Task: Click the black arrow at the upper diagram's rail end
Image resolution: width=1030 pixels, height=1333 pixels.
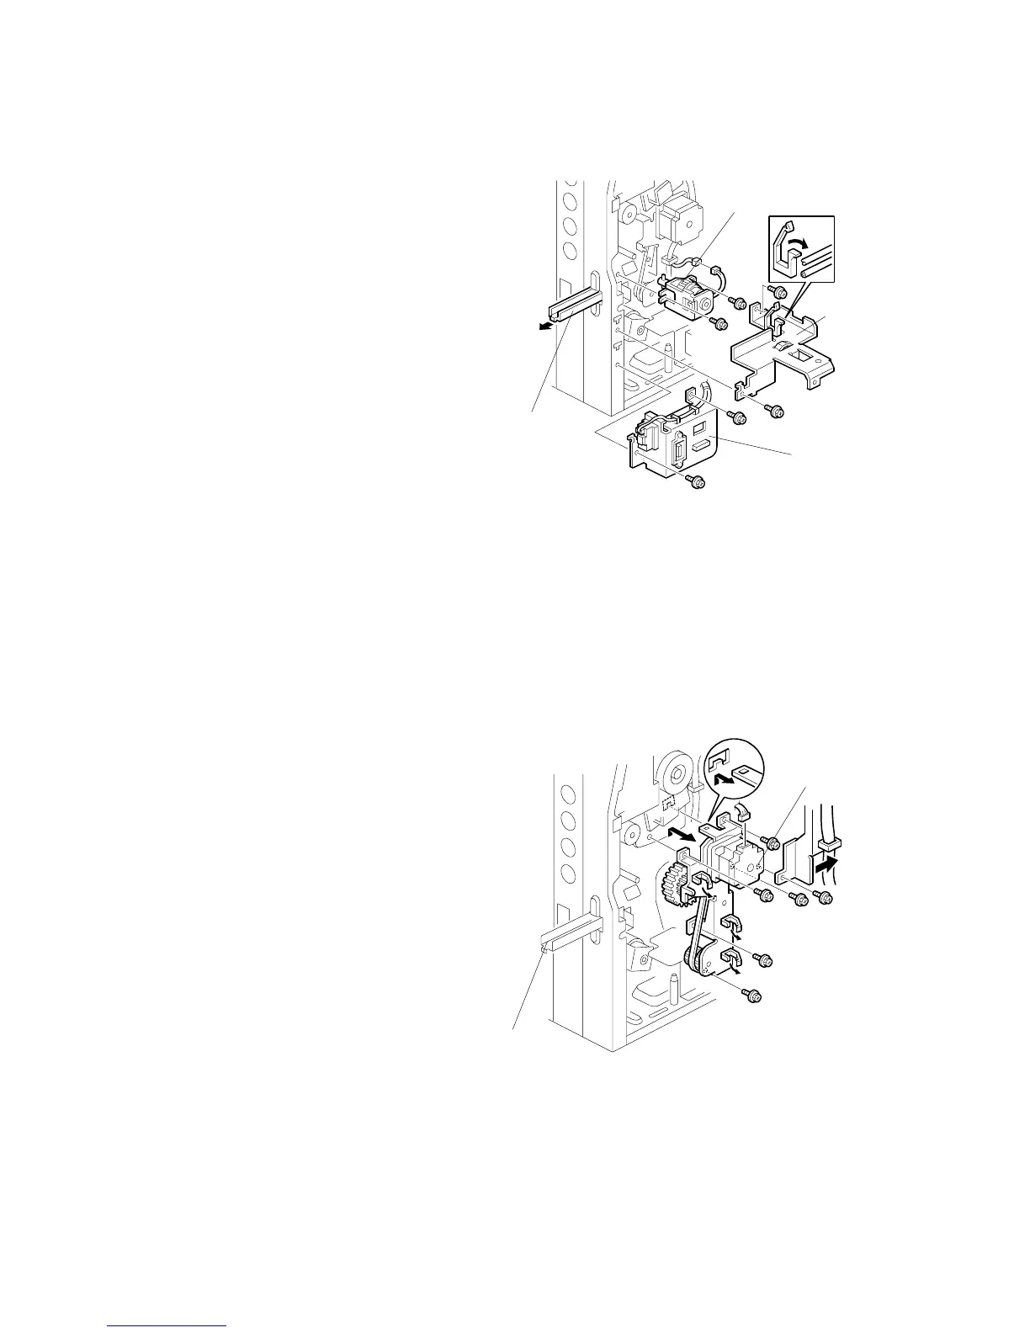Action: pos(546,327)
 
